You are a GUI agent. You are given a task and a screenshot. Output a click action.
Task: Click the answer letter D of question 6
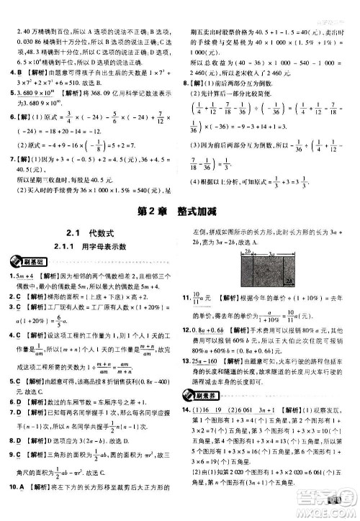pyautogui.click(x=19, y=402)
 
